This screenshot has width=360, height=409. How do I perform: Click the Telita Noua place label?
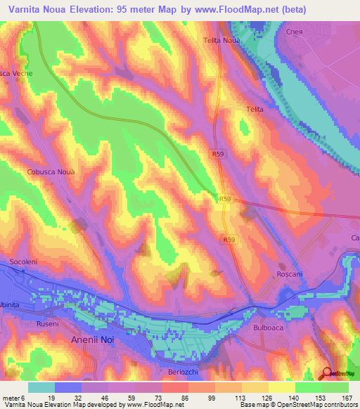[x=222, y=41]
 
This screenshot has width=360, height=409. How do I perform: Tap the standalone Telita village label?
[x=254, y=109]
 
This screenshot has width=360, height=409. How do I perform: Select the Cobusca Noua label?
[x=50, y=171]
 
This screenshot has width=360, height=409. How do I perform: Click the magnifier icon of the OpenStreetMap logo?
[x=326, y=372]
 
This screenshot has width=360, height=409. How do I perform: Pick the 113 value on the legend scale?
[x=230, y=398]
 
